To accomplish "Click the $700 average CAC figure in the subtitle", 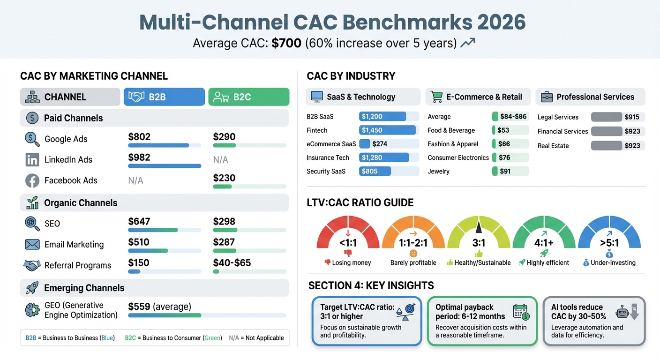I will click(x=286, y=44).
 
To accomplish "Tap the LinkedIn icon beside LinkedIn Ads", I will click(x=32, y=160).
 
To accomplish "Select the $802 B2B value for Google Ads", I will click(x=139, y=137).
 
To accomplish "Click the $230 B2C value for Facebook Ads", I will click(x=224, y=178).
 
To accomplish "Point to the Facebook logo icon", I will click(x=32, y=180).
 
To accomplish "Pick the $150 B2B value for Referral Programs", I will click(x=139, y=263).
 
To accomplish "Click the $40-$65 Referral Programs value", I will click(x=232, y=263).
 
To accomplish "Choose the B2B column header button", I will click(x=164, y=97).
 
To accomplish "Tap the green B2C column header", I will click(x=248, y=97).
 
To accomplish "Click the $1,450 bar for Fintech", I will click(x=387, y=130).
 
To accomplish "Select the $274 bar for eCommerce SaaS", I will click(x=365, y=144).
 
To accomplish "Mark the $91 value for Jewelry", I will click(x=505, y=172).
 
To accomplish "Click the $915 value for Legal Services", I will click(x=632, y=117).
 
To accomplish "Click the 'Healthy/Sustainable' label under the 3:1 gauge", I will click(x=482, y=263).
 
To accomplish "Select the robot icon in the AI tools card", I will click(x=622, y=311).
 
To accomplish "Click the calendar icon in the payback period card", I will click(x=520, y=311).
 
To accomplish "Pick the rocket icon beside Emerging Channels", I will click(x=32, y=288).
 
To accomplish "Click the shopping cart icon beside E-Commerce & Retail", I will click(x=436, y=97).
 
